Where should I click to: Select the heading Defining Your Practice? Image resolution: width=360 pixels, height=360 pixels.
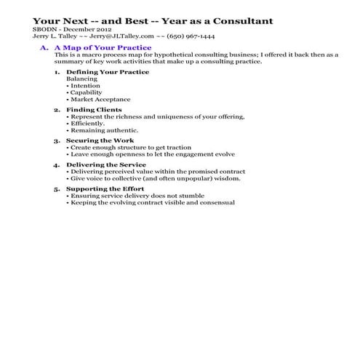pyautogui.click(x=107, y=72)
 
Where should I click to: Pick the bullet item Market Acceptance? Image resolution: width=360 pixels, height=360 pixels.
pyautogui.click(x=100, y=100)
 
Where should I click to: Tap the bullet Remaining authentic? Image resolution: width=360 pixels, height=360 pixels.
pyautogui.click(x=101, y=130)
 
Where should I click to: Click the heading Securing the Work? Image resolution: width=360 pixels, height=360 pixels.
pyautogui.click(x=98, y=140)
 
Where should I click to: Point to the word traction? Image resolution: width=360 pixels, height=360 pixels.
pyautogui.click(x=180, y=147)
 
